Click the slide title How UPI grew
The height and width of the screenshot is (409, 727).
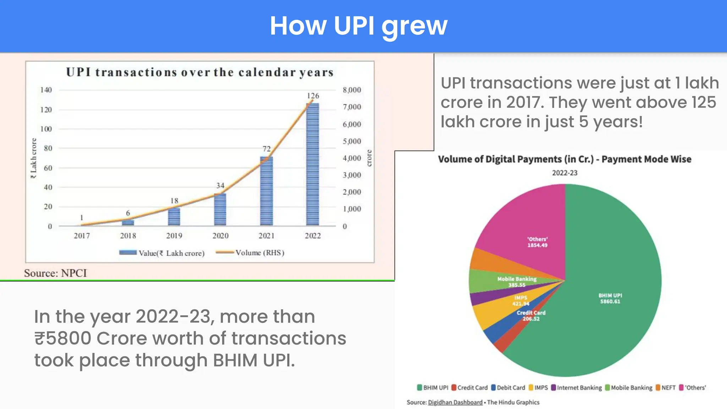pos(359,26)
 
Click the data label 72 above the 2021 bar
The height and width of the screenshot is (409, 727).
pos(267,149)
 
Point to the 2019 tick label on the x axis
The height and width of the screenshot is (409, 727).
pos(174,236)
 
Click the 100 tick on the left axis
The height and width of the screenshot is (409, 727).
pos(46,129)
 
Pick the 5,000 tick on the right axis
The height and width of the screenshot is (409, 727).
pos(352,141)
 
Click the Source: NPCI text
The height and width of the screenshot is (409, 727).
pos(55,273)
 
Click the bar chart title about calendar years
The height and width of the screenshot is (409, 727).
pos(200,72)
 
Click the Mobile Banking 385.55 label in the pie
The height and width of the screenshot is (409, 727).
pos(517,282)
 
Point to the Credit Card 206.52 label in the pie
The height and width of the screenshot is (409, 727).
pos(531,316)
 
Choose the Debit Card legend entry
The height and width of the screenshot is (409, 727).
pos(508,388)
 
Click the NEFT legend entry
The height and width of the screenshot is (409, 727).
pos(666,388)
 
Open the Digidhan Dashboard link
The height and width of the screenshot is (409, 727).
pos(455,402)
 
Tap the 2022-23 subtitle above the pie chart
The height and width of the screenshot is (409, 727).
pos(564,173)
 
